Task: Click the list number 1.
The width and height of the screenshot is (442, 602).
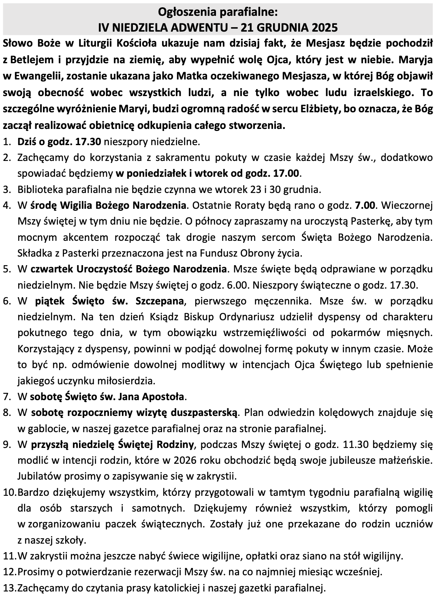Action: (x=6, y=142)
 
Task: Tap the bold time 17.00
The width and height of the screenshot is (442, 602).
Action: (x=287, y=174)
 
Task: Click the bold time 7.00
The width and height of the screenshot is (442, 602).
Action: (x=366, y=205)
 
